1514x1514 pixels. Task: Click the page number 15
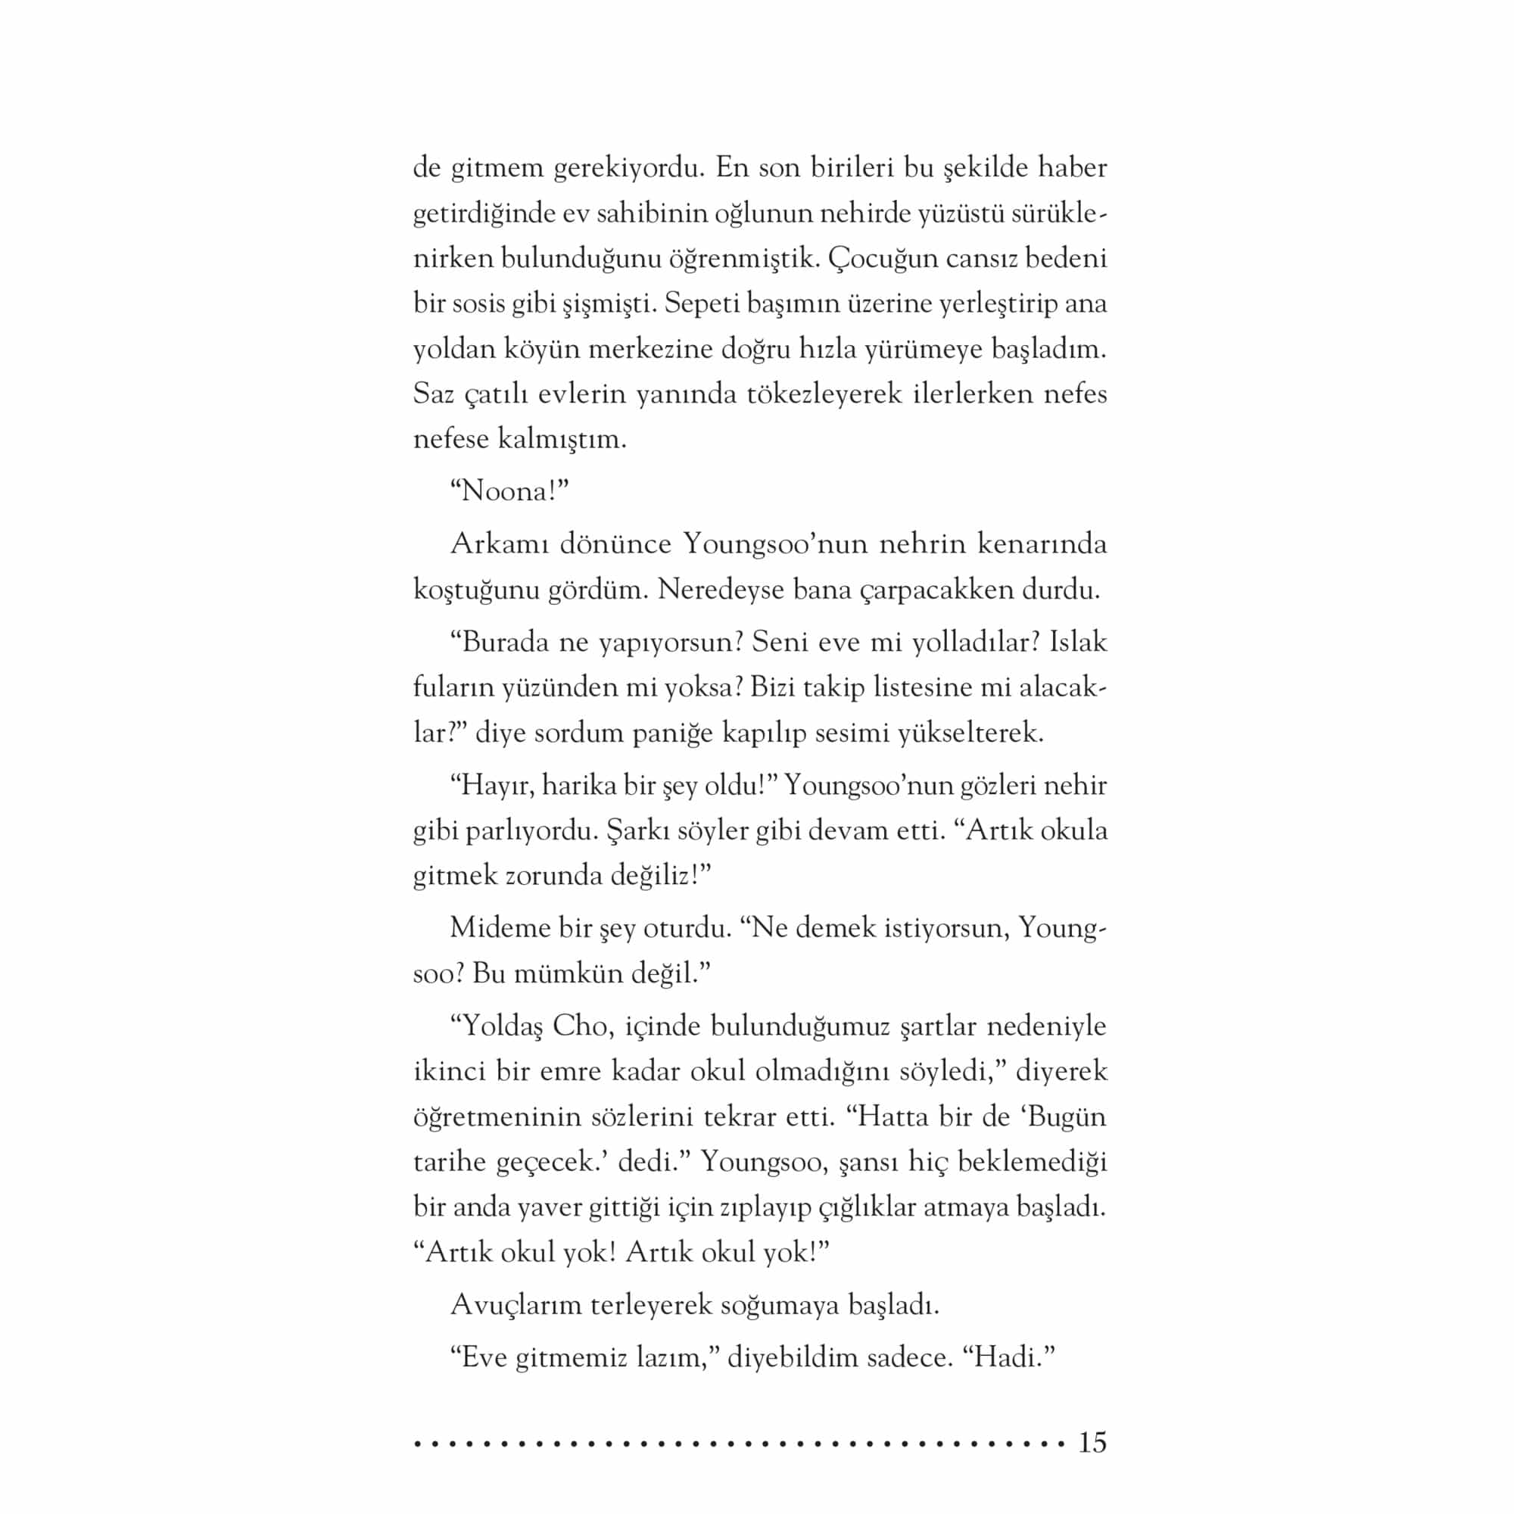click(1092, 1443)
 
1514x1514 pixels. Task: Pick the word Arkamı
click(499, 544)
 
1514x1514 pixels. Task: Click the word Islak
click(1078, 642)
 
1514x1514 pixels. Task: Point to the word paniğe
click(673, 733)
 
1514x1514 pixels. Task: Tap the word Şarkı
click(633, 830)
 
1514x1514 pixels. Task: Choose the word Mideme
click(499, 929)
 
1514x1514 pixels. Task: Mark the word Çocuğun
click(883, 259)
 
